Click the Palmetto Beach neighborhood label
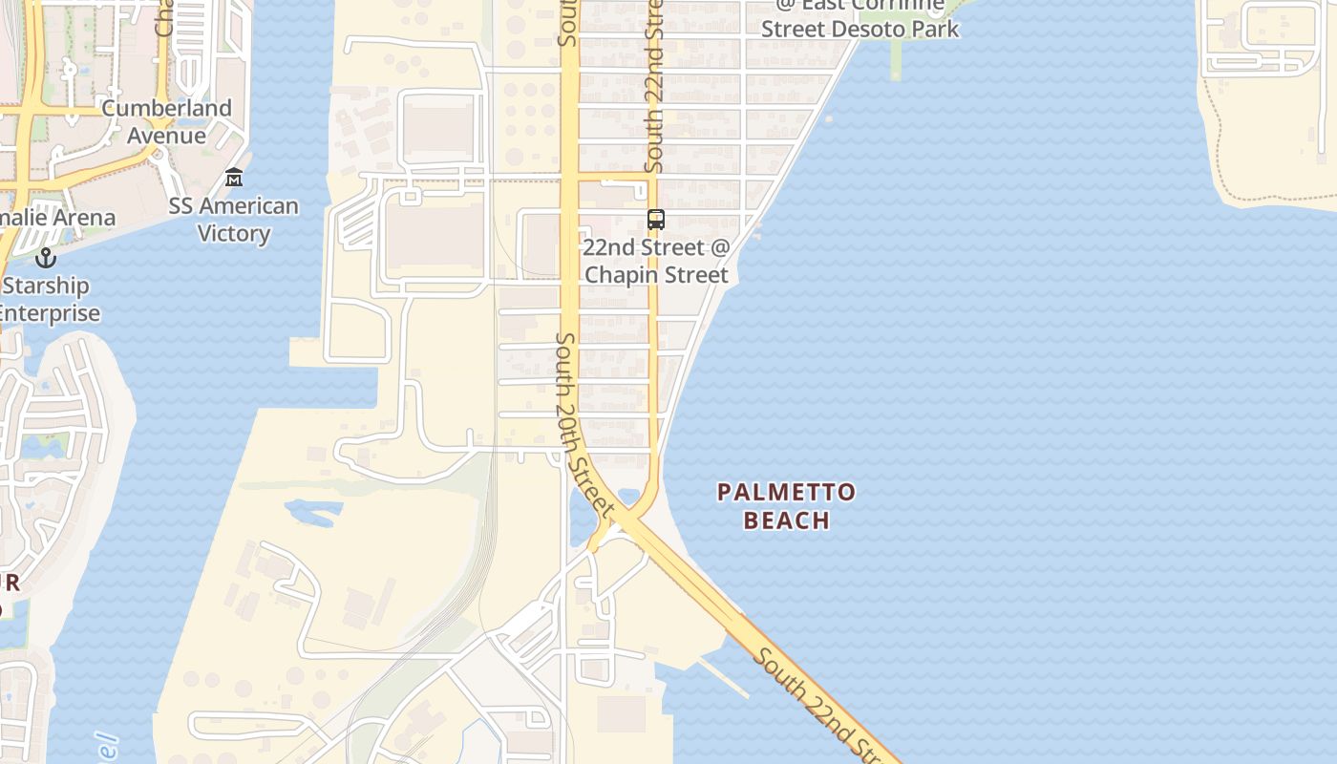point(786,506)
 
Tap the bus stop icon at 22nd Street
point(656,219)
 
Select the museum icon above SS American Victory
point(234,178)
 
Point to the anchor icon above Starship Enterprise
point(45,257)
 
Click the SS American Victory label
point(234,220)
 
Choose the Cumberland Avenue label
point(166,121)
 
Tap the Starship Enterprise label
point(48,299)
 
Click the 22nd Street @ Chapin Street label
point(656,261)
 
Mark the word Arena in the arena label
point(83,217)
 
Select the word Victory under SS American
point(234,234)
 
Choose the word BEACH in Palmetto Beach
point(786,520)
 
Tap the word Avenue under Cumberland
point(166,136)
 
